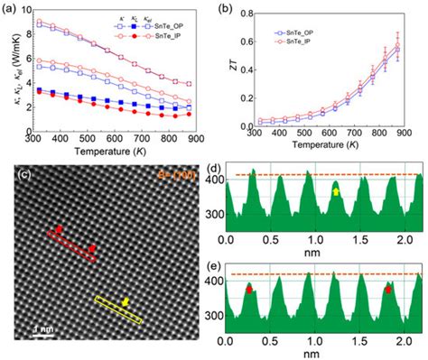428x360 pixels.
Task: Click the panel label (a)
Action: pos(11,7)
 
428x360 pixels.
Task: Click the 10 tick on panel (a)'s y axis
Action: pos(27,11)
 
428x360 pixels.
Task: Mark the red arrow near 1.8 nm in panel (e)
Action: pos(388,290)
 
